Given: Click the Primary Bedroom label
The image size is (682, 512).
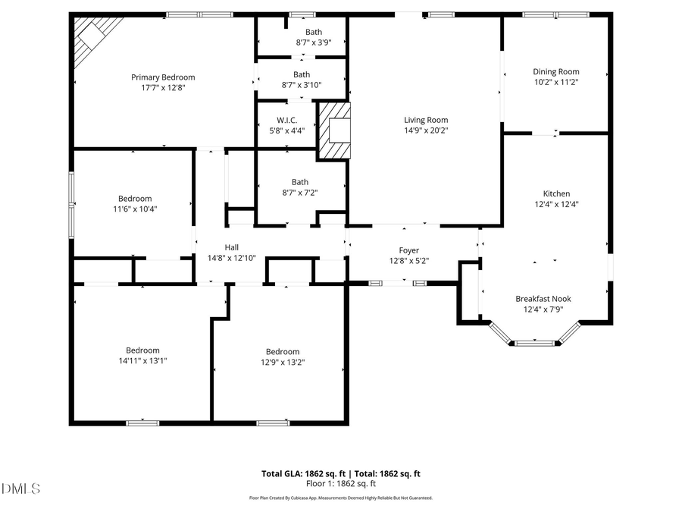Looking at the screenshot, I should [163, 77].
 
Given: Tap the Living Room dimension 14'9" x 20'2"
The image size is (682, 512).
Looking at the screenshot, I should [425, 130].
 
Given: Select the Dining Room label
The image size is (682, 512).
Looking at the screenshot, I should [556, 72].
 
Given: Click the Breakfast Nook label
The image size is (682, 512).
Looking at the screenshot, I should [543, 299].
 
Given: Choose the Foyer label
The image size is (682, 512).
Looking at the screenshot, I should [409, 250].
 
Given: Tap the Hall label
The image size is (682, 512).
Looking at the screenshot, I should [232, 247].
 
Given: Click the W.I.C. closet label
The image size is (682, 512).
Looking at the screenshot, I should [286, 121].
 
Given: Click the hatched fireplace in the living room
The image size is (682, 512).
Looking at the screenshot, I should [334, 131].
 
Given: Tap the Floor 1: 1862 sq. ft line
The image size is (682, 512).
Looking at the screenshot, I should [341, 483].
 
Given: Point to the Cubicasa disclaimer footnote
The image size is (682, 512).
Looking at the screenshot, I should [341, 498].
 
